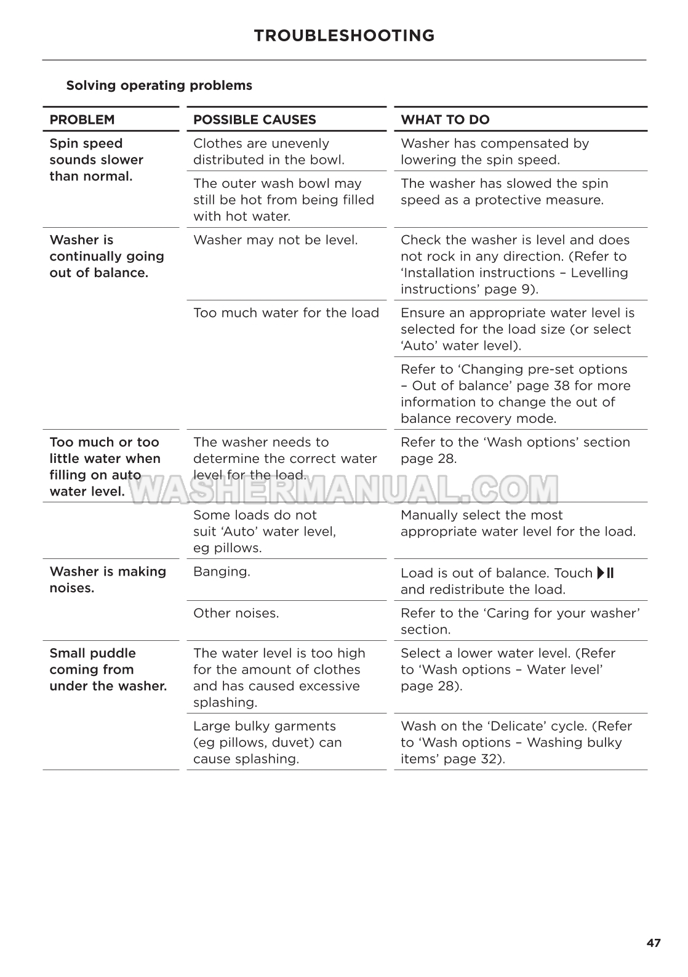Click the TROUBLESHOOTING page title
[344, 36]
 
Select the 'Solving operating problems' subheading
[159, 86]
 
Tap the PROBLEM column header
[82, 120]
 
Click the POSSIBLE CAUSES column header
[254, 120]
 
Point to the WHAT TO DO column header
[445, 120]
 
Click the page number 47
[654, 943]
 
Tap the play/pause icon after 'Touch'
[606, 573]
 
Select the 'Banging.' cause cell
[222, 572]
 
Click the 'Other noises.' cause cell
[236, 613]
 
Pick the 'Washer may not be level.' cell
[275, 240]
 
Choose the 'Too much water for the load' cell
[286, 313]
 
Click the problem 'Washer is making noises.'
[108, 579]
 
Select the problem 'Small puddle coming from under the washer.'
[108, 669]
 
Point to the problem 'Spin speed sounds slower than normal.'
[96, 160]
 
